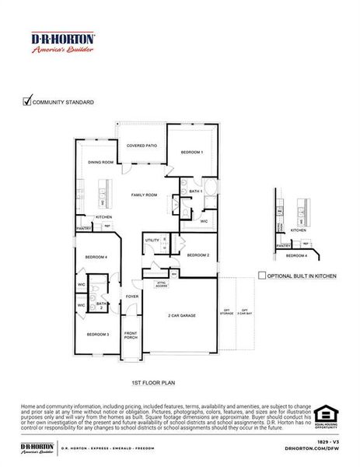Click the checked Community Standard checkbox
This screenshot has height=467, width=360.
(x=28, y=100)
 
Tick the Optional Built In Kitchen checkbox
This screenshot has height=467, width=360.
(x=262, y=275)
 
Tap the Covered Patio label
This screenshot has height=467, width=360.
(x=142, y=145)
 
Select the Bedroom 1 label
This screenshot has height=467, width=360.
(x=191, y=152)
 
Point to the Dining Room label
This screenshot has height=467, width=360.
(x=100, y=162)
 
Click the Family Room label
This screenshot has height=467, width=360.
(x=144, y=195)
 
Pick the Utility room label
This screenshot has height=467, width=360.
(x=152, y=241)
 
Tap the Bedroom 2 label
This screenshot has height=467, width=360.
(x=197, y=255)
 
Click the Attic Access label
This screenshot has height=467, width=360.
(x=162, y=284)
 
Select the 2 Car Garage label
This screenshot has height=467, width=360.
(x=181, y=316)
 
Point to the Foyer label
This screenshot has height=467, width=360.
(x=132, y=296)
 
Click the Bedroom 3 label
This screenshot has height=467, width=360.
(x=97, y=334)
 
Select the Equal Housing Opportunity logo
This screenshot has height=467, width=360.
(x=327, y=418)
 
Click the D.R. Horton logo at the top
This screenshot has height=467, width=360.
(x=63, y=42)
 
